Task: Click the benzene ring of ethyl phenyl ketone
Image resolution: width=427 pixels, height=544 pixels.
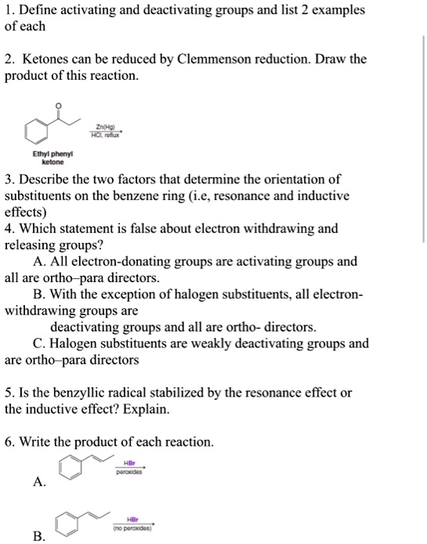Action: [37, 129]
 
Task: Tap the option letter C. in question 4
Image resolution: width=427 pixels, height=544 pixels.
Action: [40, 343]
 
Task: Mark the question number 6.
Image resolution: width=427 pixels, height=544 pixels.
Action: [9, 442]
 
